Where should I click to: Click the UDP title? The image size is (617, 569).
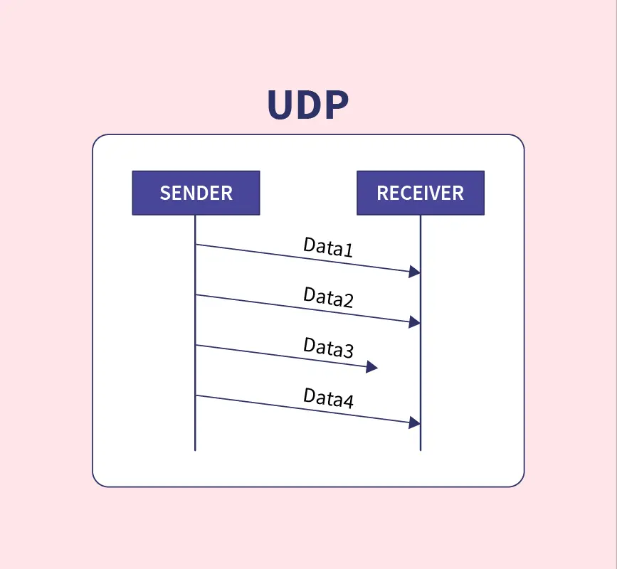307,105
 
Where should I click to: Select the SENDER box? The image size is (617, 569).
196,193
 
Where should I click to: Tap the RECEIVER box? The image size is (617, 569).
420,193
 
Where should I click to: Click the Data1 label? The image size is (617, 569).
328,248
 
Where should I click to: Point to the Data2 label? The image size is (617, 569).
328,297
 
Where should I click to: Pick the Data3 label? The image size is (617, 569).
328,348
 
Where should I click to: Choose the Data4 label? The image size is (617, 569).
328,398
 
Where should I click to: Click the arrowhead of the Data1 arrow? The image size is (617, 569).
415,272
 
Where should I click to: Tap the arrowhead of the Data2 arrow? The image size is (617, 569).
415,322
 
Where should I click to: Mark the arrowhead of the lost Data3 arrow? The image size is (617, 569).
371,367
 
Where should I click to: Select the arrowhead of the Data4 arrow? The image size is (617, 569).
415,423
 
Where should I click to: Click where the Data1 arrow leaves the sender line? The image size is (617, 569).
196,245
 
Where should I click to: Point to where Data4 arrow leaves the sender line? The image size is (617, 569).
196,395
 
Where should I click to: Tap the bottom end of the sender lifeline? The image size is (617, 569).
195,450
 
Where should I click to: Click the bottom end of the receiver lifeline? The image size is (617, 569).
421,450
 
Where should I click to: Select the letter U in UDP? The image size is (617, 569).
280,105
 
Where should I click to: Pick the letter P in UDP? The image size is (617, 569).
334,105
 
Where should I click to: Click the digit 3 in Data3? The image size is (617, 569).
347,351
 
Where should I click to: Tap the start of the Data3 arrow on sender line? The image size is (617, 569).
196,345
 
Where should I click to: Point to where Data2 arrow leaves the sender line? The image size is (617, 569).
196,294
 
